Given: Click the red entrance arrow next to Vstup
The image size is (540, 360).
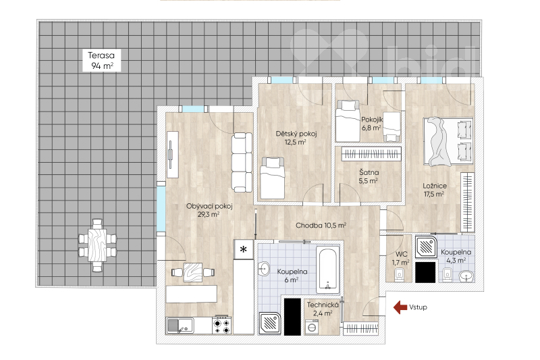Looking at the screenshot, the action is [400, 307].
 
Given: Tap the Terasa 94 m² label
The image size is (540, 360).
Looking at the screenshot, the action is [101, 60].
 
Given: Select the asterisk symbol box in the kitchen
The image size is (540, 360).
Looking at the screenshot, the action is [244, 249].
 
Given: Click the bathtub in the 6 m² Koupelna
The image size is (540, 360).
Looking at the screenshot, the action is [329, 270].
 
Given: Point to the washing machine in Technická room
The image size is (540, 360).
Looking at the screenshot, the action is [312, 327].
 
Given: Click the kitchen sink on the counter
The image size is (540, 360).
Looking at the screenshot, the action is [180, 326].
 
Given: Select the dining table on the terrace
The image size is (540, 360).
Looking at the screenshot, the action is [97, 245].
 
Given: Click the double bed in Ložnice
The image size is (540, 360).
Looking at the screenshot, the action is [448, 141].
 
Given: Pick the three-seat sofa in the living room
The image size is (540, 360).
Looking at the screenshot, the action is [242, 162].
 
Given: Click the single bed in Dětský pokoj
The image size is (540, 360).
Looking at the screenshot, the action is [273, 178].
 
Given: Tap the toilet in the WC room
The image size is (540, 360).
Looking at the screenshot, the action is [399, 275].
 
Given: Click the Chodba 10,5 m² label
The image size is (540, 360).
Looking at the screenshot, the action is [321, 226].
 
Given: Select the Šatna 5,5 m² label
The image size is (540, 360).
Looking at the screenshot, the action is [369, 176].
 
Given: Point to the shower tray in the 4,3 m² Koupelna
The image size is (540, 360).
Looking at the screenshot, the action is [427, 247].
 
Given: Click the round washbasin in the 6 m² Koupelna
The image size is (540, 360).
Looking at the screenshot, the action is [264, 269].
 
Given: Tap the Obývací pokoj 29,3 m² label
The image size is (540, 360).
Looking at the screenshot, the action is [209, 210].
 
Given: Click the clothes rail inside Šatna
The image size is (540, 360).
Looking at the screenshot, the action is [372, 153].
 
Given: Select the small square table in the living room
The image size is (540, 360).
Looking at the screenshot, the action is [193, 272].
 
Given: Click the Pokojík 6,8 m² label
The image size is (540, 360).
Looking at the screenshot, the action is [372, 124].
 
